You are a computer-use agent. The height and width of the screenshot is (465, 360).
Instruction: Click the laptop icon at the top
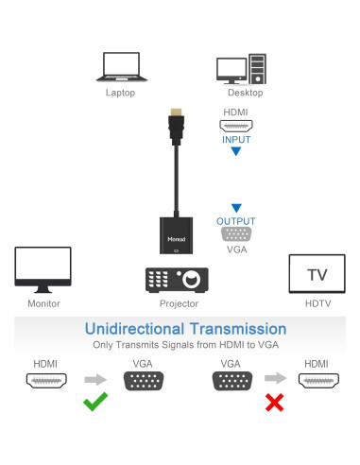click(120, 66)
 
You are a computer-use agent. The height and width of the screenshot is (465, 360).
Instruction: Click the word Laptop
click(120, 93)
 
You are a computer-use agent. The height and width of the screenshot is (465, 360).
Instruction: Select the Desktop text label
click(245, 93)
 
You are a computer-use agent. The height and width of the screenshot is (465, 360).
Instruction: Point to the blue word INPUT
click(236, 140)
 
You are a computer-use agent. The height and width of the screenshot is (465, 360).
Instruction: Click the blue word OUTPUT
click(236, 221)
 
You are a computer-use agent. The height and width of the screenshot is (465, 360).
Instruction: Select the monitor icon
click(43, 269)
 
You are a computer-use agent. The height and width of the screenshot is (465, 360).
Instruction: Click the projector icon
click(176, 280)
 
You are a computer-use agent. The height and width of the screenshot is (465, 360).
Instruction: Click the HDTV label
click(317, 303)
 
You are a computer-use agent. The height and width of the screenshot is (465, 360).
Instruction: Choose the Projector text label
click(179, 303)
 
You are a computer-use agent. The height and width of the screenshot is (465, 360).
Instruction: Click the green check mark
click(95, 403)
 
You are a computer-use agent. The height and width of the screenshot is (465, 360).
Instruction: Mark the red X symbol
click(274, 403)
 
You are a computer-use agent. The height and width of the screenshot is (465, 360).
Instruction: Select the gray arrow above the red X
click(274, 380)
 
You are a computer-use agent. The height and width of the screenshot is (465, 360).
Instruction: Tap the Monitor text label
click(43, 303)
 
